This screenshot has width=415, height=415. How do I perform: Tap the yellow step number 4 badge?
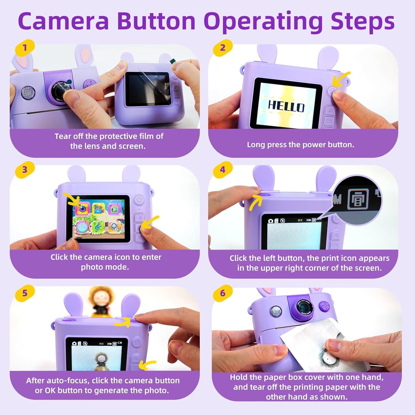point(223,169)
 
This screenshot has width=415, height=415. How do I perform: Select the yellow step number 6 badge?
point(223,293)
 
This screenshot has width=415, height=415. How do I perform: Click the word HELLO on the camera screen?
point(286,107)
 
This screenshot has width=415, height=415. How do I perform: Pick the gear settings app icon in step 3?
point(115,227)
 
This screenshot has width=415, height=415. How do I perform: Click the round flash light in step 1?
point(28,92)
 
